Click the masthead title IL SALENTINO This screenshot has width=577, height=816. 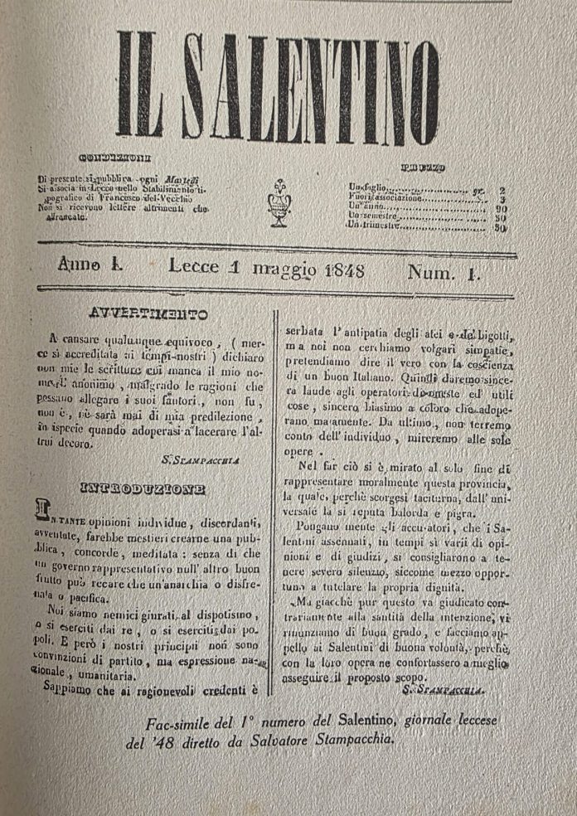(278, 85)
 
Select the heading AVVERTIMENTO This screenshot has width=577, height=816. (148, 315)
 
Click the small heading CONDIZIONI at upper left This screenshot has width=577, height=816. (114, 158)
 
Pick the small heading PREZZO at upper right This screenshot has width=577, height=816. (423, 167)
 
